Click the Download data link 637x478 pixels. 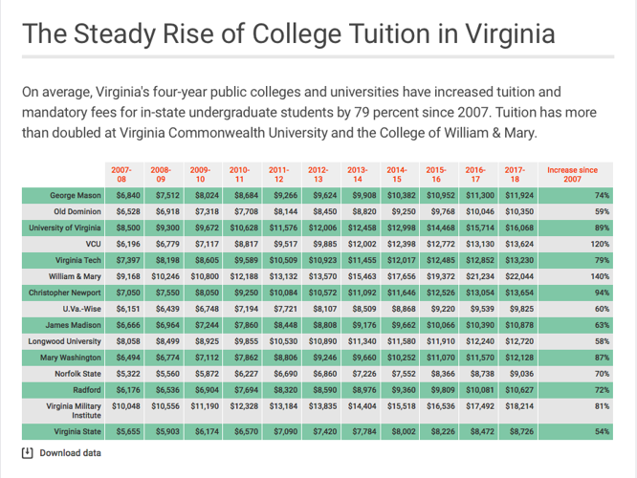(x=70, y=452)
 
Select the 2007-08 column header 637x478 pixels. (x=121, y=174)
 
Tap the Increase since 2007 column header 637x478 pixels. (x=572, y=174)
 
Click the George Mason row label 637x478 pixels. (x=76, y=195)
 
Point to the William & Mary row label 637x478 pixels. (x=77, y=276)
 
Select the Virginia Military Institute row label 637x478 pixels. (x=74, y=410)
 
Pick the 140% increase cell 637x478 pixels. (x=602, y=276)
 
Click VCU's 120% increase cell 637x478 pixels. (x=602, y=244)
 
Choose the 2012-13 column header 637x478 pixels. (x=318, y=174)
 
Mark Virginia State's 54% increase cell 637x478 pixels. (x=602, y=432)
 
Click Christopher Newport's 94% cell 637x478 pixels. (x=602, y=293)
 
